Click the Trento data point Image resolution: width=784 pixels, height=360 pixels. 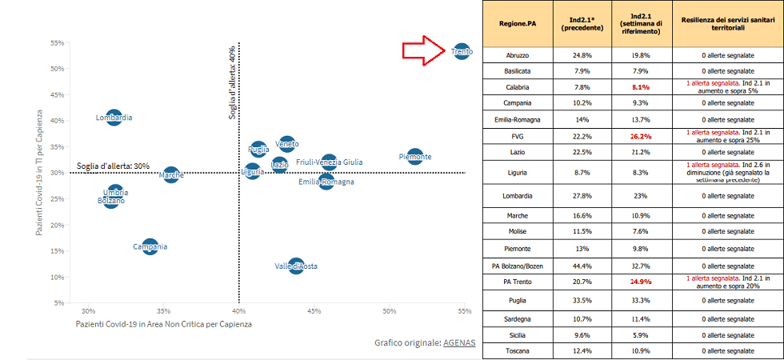[461, 52]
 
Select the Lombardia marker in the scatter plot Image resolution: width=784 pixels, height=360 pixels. [114, 118]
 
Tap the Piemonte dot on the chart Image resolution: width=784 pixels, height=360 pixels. [414, 157]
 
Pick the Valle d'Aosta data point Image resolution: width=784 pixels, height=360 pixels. [296, 266]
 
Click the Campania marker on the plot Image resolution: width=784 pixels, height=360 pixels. [150, 246]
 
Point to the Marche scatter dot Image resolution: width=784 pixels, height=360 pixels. [171, 174]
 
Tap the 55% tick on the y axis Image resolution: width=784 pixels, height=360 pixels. [57, 42]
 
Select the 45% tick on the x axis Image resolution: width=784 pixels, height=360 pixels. [314, 311]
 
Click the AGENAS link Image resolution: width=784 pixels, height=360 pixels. [460, 342]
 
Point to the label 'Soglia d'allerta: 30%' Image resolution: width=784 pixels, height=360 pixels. [113, 166]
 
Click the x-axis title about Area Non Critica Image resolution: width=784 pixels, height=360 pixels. [163, 324]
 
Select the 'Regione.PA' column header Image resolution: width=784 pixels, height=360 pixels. [517, 23]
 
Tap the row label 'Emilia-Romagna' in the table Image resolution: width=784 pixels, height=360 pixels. [517, 118]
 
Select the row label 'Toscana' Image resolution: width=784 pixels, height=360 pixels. [517, 351]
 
